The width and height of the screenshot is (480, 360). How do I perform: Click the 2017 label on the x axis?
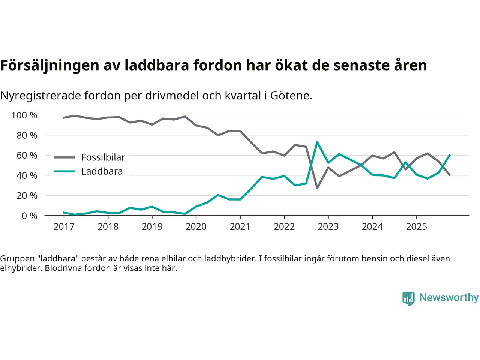click(x=64, y=226)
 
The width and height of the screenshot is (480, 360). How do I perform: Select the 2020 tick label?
click(x=196, y=226)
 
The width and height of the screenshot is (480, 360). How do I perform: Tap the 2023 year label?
click(x=328, y=226)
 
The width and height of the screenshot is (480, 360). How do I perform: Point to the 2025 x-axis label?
click(x=416, y=226)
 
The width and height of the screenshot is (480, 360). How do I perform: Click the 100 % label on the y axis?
click(x=24, y=115)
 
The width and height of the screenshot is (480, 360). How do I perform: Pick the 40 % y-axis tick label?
click(x=27, y=175)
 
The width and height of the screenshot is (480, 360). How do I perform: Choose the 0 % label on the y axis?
click(x=29, y=216)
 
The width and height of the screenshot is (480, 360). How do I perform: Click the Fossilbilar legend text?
click(x=103, y=157)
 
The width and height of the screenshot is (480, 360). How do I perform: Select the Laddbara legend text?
click(x=102, y=171)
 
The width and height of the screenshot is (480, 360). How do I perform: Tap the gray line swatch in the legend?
click(x=64, y=157)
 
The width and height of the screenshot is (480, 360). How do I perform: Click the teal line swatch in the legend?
click(x=64, y=171)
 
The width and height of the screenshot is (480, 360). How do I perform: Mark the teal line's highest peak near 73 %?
click(x=317, y=142)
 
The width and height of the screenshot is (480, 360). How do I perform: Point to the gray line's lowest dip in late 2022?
click(x=317, y=188)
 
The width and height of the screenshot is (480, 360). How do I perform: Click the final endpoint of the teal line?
click(x=450, y=155)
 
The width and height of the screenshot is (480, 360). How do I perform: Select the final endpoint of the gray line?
click(x=450, y=175)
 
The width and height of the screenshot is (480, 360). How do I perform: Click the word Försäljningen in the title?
click(x=50, y=65)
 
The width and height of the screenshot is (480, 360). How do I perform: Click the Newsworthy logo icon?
click(x=408, y=298)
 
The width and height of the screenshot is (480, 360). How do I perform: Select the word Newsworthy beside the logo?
click(x=448, y=297)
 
